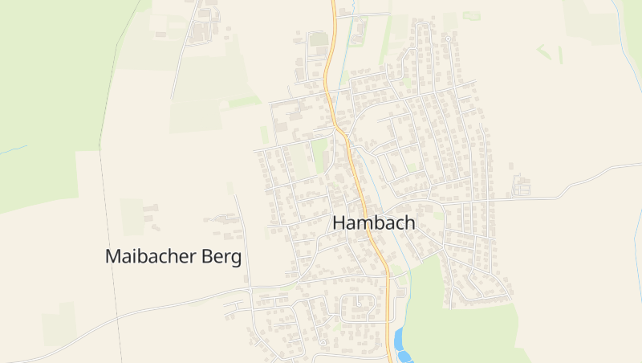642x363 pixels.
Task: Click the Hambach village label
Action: [374, 223]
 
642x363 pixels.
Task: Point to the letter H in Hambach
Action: [339, 223]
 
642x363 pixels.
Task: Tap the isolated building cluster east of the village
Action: [522, 186]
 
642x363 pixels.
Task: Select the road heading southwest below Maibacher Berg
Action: [120, 321]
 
